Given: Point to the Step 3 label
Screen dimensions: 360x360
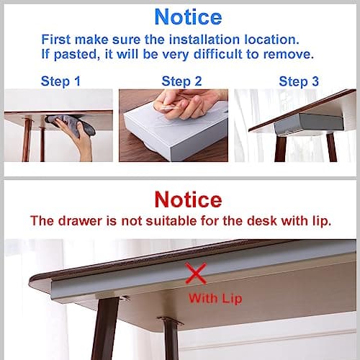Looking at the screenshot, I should [297, 81].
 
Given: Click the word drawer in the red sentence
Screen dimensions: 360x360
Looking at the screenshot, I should [73, 220].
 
